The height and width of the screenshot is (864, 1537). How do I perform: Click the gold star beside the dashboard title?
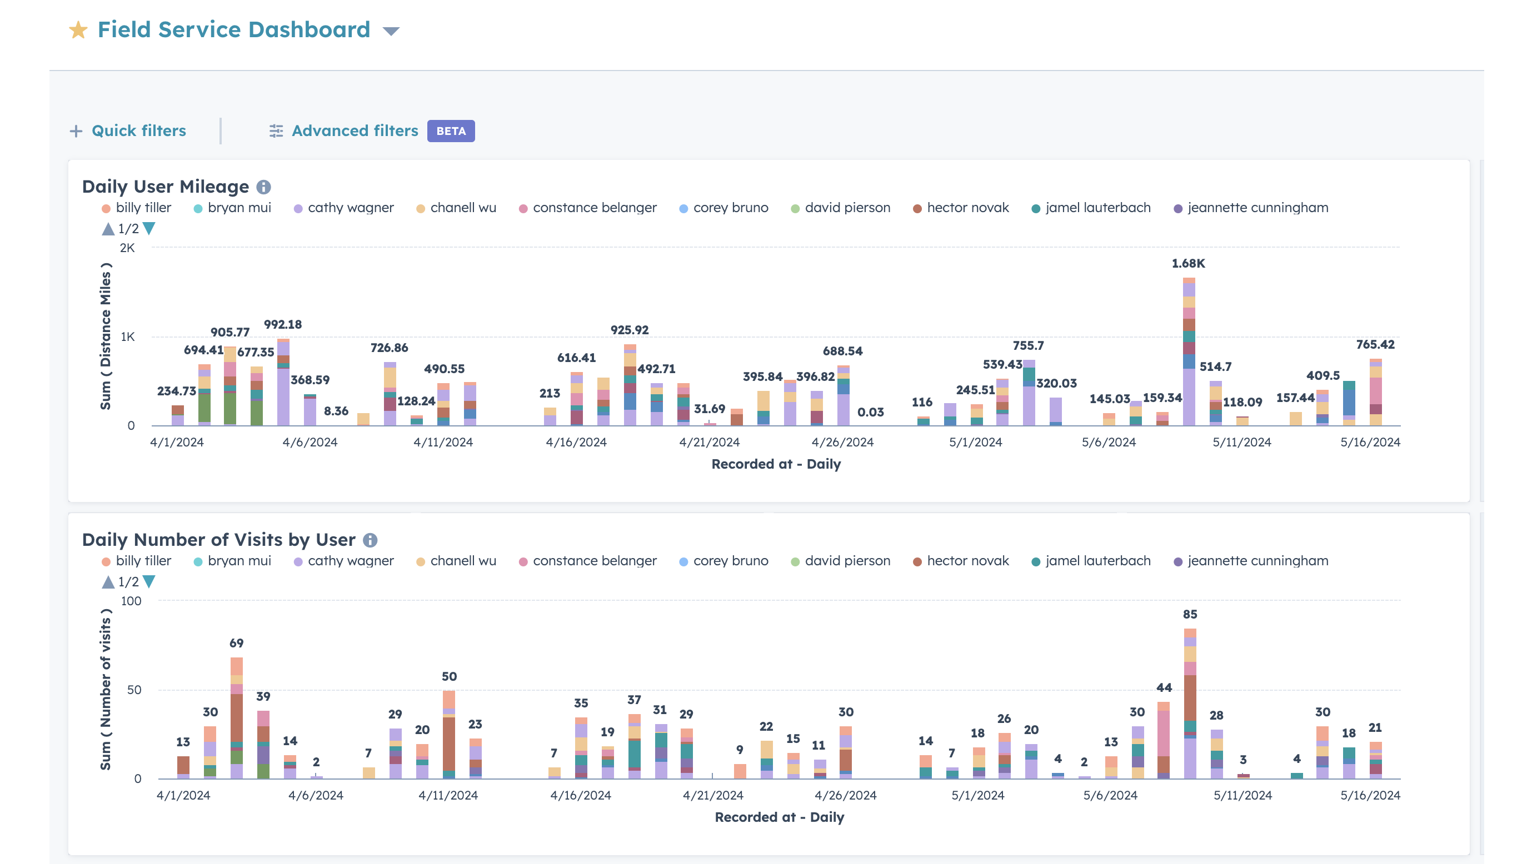[78, 30]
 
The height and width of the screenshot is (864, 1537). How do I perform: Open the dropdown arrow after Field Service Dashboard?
[391, 31]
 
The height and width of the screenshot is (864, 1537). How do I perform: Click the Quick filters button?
[128, 130]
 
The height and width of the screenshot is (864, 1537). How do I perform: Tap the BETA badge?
[451, 131]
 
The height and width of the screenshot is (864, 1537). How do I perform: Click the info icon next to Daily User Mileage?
[264, 187]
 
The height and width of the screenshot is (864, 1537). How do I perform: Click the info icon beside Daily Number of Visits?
[370, 540]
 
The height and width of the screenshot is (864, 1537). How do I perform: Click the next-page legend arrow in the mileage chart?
[149, 228]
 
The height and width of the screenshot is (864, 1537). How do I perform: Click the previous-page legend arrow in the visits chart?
[108, 582]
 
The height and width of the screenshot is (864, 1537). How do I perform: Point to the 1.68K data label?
[1188, 263]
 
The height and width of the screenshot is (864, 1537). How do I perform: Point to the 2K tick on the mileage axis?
[127, 248]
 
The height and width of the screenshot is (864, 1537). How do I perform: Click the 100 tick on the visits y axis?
[131, 601]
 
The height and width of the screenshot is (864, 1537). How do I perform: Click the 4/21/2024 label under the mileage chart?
[709, 442]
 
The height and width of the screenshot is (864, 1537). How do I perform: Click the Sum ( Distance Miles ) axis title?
[106, 336]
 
